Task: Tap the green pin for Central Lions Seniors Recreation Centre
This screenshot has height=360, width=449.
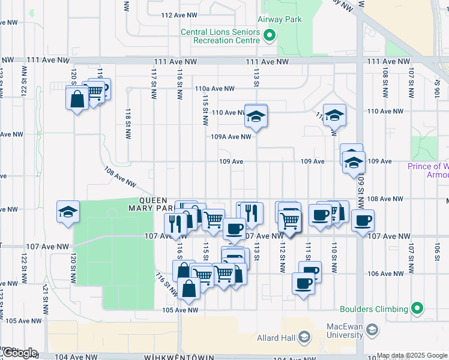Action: point(270,35)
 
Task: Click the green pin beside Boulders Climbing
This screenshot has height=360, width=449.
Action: point(418,310)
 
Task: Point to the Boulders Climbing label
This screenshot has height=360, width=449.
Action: point(374,310)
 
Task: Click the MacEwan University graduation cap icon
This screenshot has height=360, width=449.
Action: point(372,329)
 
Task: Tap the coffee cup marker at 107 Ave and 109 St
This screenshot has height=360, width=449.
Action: point(363,221)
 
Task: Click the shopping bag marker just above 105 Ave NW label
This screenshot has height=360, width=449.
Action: point(188,288)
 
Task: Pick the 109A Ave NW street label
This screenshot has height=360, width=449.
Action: point(231,137)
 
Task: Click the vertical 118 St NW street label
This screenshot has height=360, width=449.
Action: point(128,124)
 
